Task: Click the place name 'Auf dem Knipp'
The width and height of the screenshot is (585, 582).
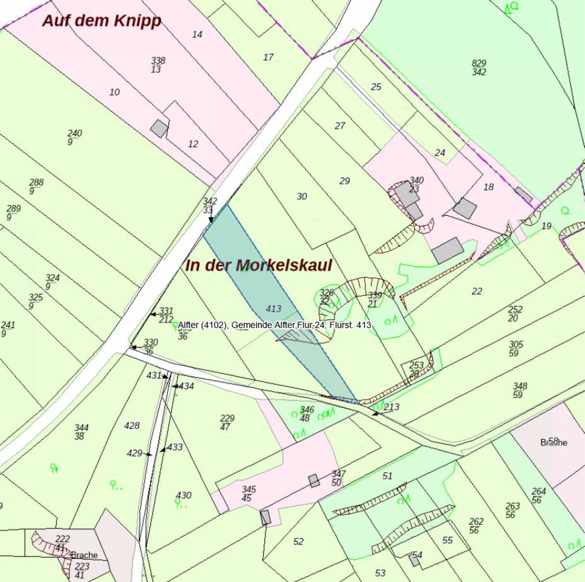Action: pyautogui.click(x=102, y=21)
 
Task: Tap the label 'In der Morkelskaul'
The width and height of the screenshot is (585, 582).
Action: pyautogui.click(x=259, y=265)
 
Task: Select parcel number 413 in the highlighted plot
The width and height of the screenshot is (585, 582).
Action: pyautogui.click(x=273, y=309)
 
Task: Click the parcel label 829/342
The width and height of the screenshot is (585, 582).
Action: pyautogui.click(x=479, y=68)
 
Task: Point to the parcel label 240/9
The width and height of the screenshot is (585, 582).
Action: pyautogui.click(x=74, y=137)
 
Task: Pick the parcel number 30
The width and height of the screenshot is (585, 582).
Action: pyautogui.click(x=302, y=196)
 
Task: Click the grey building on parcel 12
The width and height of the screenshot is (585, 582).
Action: pyautogui.click(x=159, y=129)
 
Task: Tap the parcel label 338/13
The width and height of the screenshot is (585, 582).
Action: pyautogui.click(x=157, y=65)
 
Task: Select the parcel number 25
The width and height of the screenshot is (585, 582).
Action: pyautogui.click(x=376, y=87)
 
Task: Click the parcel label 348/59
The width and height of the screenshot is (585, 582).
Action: pyautogui.click(x=520, y=390)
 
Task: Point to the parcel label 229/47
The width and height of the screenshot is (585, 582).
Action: pyautogui.click(x=227, y=422)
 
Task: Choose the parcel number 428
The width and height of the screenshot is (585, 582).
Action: pyautogui.click(x=131, y=426)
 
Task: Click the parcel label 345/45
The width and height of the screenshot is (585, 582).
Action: pyautogui.click(x=248, y=493)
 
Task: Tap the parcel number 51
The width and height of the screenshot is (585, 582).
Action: pyautogui.click(x=388, y=476)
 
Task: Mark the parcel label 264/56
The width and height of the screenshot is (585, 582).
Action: pyautogui.click(x=538, y=495)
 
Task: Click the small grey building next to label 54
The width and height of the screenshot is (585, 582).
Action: pyautogui.click(x=415, y=560)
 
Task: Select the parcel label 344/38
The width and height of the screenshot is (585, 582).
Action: pyautogui.click(x=81, y=432)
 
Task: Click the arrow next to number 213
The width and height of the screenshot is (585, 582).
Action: pyautogui.click(x=377, y=413)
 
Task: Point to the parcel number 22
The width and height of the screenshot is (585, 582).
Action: pyautogui.click(x=477, y=291)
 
